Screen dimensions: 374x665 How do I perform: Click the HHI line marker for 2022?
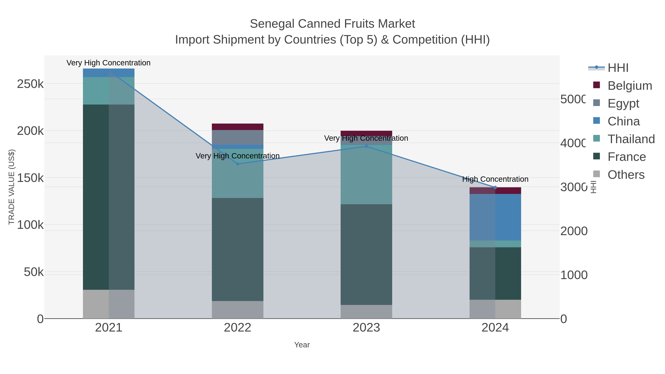(x=238, y=164)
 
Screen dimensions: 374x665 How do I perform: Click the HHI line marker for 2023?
(x=366, y=146)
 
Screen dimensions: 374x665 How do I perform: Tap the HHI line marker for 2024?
(x=495, y=187)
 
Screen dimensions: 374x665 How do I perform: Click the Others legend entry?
(x=626, y=175)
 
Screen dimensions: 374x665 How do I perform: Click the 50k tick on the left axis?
(x=34, y=272)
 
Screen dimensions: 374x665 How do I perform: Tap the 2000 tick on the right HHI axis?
(x=574, y=231)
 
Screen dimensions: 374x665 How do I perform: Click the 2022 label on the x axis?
(x=238, y=328)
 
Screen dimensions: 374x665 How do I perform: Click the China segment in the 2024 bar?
(x=495, y=217)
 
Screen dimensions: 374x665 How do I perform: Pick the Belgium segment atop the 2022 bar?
(x=238, y=127)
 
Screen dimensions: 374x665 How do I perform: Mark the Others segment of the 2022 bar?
(x=238, y=310)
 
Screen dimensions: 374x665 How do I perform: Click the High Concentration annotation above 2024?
(x=495, y=179)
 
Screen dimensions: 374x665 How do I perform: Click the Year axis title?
(x=302, y=345)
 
